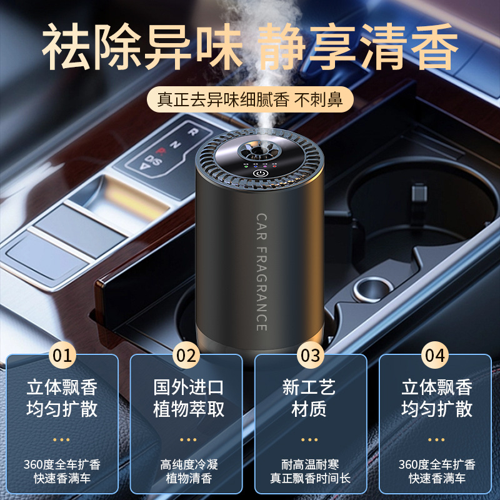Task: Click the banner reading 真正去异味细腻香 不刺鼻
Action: (x=250, y=99)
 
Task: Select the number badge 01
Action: (x=62, y=356)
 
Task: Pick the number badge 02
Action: (x=187, y=356)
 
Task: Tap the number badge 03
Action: (x=311, y=356)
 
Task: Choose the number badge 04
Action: (x=436, y=356)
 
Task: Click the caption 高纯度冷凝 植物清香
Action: (x=186, y=472)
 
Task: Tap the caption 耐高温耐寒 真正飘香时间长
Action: (x=311, y=472)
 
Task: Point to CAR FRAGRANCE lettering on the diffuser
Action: (x=261, y=272)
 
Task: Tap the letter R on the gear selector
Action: (x=192, y=132)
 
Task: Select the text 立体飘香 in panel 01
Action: (x=62, y=387)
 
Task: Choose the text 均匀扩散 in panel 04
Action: (x=437, y=409)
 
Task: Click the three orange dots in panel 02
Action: (x=186, y=439)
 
